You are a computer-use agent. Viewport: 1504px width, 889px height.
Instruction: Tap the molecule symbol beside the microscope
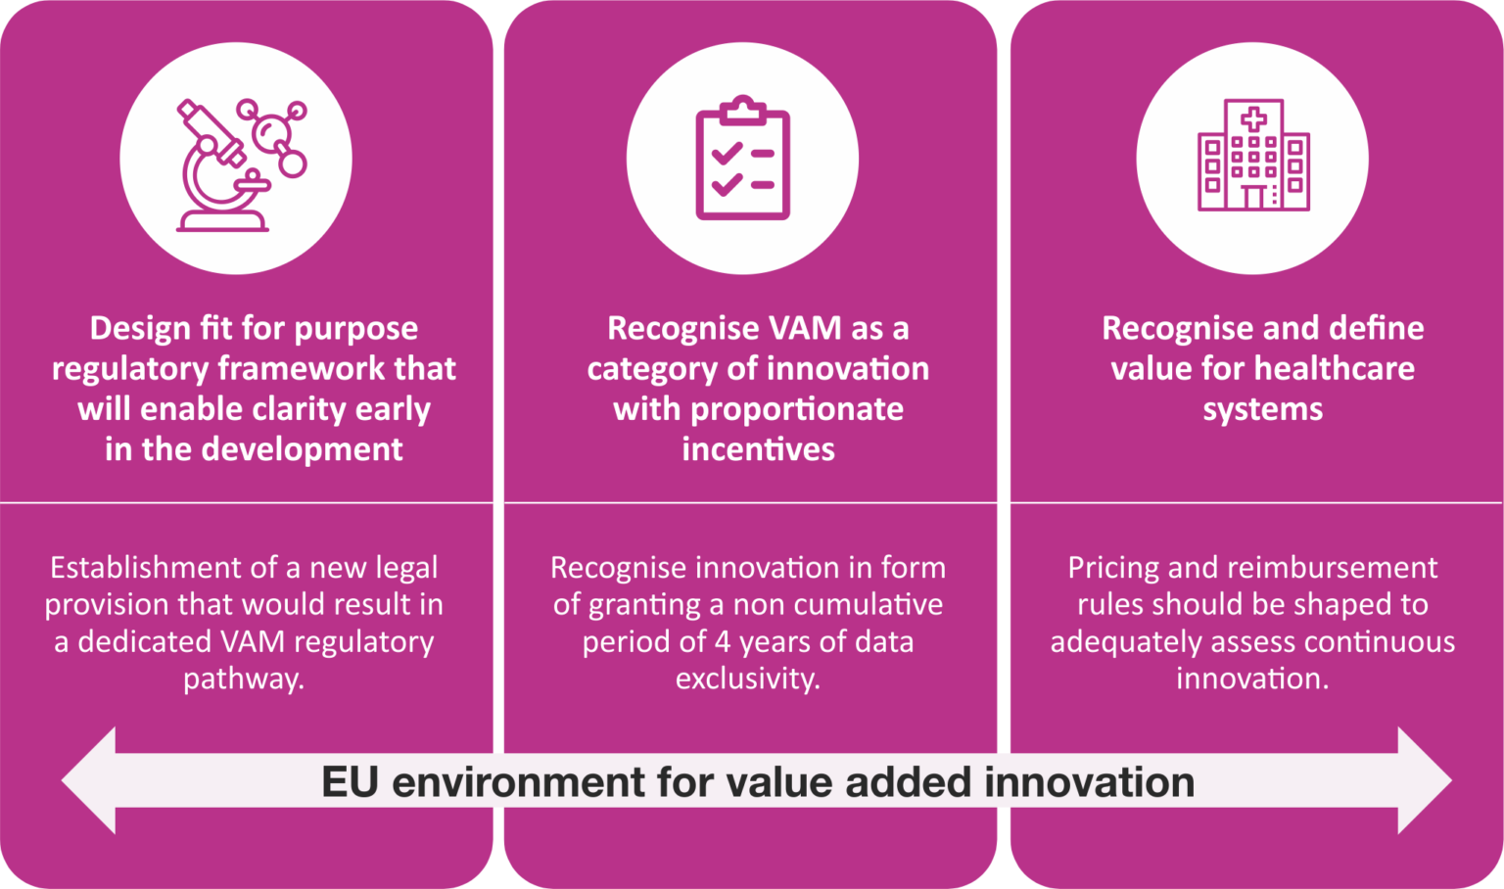pos(276,137)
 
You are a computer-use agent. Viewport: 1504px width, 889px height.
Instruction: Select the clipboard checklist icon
pos(742,158)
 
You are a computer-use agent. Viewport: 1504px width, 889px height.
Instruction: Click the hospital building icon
pos(1253,155)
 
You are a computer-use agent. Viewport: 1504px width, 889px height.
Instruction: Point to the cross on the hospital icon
pos(1253,120)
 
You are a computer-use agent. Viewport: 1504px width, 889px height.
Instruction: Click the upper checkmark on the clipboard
pos(727,154)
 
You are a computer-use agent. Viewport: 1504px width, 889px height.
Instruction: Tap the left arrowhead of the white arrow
pos(89,780)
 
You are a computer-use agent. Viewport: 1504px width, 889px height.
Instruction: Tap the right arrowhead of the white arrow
pos(1425,780)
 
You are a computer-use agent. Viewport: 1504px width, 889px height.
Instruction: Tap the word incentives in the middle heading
pos(758,449)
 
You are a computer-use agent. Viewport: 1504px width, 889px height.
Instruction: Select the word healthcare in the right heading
pos(1335,368)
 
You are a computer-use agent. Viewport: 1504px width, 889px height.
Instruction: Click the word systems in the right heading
pos(1262,410)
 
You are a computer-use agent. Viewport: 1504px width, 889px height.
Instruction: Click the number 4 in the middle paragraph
pos(722,642)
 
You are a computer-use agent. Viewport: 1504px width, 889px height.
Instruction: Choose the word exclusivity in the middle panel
pos(747,678)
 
